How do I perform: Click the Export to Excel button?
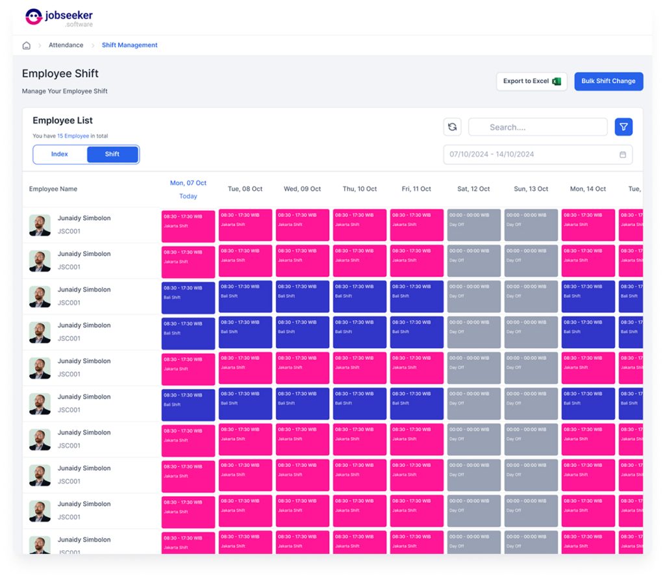pos(531,81)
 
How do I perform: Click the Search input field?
pos(538,127)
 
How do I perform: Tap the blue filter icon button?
pos(623,127)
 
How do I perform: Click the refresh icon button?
pos(453,127)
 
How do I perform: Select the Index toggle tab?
pos(60,155)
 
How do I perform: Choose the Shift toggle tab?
pos(112,155)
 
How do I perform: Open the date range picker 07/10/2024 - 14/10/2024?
pos(538,155)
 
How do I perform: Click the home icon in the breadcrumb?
pos(27,45)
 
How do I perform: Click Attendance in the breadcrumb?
pos(66,45)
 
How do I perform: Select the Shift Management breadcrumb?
pos(130,45)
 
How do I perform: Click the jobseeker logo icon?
pos(33,17)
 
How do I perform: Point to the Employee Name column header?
pos(53,189)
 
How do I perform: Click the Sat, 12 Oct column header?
pos(473,189)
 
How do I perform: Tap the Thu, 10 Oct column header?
pos(360,189)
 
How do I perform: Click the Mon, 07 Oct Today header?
pos(188,189)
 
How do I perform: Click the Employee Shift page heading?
pos(60,73)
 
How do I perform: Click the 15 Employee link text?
pos(73,136)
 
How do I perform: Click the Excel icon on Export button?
pos(557,81)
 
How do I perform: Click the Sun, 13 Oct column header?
pos(531,189)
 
